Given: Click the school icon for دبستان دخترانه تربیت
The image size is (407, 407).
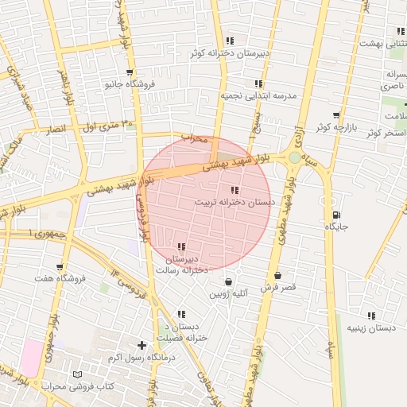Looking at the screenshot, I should tap(235, 190).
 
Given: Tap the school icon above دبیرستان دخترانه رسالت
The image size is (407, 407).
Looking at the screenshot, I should tap(182, 246).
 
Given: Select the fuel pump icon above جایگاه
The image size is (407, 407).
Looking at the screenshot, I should tap(336, 214).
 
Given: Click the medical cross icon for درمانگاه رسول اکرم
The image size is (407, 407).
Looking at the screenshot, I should tap(141, 345).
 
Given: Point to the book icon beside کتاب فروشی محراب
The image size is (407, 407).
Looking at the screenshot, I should tap(77, 374).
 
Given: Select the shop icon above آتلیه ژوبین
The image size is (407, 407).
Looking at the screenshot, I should tap(229, 281).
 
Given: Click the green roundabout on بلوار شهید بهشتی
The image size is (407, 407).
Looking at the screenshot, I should tap(295, 158).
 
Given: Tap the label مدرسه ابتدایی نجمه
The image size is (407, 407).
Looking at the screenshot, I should tap(258, 95).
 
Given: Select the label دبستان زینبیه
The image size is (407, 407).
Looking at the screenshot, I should tap(371, 328).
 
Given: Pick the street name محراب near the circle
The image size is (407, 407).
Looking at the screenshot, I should tap(194, 138).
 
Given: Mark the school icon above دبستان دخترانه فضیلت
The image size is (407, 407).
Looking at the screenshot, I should tap(182, 314).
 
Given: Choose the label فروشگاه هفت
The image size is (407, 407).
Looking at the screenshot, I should tap(56, 280).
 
